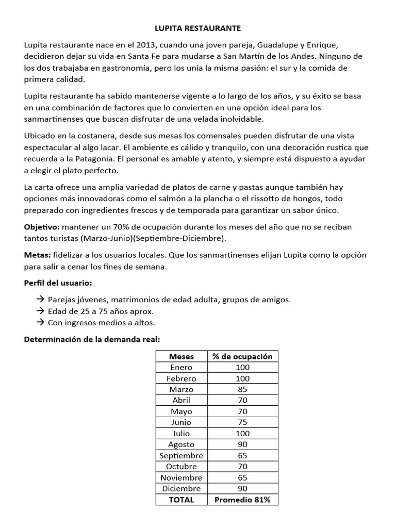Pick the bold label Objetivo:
pyautogui.click(x=42, y=227)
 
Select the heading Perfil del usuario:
pyautogui.click(x=58, y=283)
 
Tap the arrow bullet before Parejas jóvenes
pyautogui.click(x=41, y=300)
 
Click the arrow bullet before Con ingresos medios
pyautogui.click(x=41, y=322)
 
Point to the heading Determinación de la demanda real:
pyautogui.click(x=92, y=339)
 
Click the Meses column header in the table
pyautogui.click(x=181, y=356)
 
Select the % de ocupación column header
pyautogui.click(x=242, y=356)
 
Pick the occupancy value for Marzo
pyautogui.click(x=242, y=389)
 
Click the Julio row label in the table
pyautogui.click(x=181, y=433)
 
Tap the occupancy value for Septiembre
pyautogui.click(x=242, y=455)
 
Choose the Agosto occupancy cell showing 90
pyautogui.click(x=242, y=444)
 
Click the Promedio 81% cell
pyautogui.click(x=242, y=500)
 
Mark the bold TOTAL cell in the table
pyautogui.click(x=181, y=500)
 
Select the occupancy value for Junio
pyautogui.click(x=242, y=422)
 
